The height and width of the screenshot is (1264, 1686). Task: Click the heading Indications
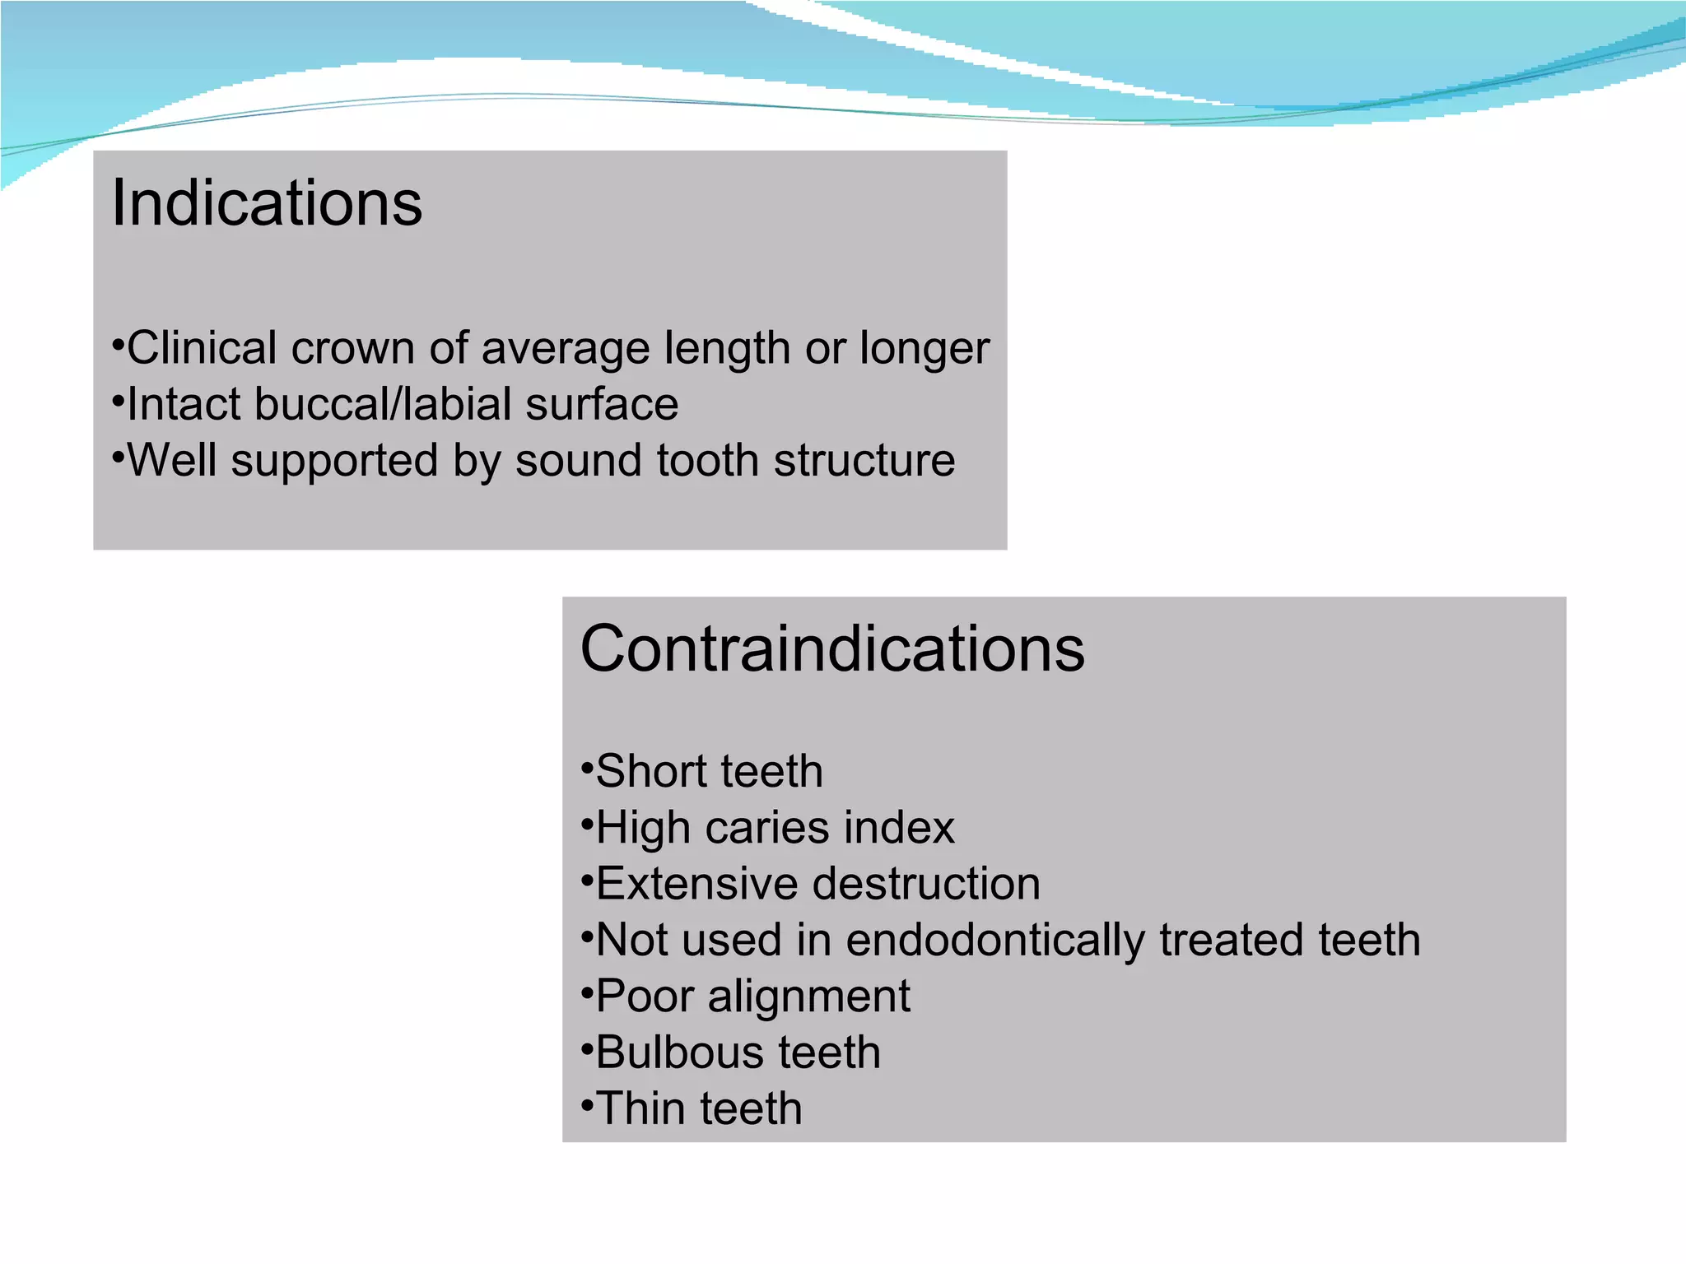click(267, 203)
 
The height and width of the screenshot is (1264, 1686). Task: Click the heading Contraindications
click(832, 649)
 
